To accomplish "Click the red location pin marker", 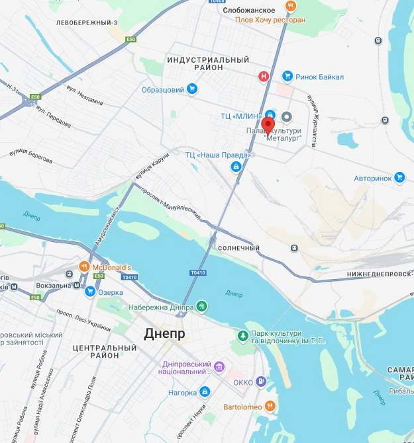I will coord(268,125).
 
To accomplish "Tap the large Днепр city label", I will coord(164,334).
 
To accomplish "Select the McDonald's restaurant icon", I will coord(84,266).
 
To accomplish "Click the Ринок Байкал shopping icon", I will coord(287,77).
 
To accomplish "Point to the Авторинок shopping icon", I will coord(399,177).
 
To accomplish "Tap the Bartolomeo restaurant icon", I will coord(270,406).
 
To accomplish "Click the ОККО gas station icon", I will coord(262,382).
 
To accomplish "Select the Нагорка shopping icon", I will coord(205,392).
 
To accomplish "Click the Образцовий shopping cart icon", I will coord(192,89).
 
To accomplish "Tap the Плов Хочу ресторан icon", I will coord(290,7).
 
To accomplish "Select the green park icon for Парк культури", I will coord(243,337).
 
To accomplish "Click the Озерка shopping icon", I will coord(90,292).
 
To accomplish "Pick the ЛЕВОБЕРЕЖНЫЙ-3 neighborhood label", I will coord(87,22).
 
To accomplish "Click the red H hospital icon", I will coord(264,77).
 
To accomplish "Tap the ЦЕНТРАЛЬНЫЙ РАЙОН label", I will coord(105,352).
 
